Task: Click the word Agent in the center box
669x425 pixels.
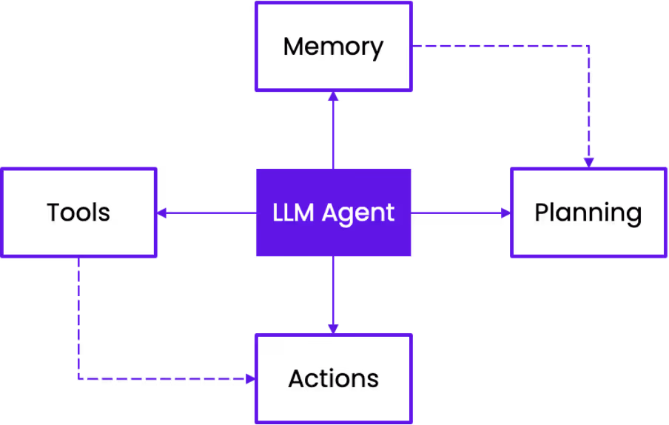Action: (x=358, y=213)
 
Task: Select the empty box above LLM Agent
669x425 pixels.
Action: (x=333, y=47)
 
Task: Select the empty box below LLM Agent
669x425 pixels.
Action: (x=333, y=378)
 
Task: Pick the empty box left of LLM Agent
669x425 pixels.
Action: (x=78, y=212)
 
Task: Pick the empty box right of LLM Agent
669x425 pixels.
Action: (x=588, y=212)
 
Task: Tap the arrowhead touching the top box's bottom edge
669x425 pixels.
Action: (x=333, y=96)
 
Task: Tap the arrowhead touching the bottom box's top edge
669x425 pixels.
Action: (x=333, y=329)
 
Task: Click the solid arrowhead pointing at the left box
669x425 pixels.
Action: (x=161, y=212)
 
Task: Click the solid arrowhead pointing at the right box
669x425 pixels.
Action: (x=506, y=212)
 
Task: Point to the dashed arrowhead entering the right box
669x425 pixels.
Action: (x=588, y=162)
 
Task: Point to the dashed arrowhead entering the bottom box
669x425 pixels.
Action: (x=250, y=378)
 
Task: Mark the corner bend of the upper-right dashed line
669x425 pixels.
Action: (x=588, y=46)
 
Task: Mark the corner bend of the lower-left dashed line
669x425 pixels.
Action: (x=79, y=378)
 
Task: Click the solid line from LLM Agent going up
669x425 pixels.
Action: (x=333, y=133)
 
